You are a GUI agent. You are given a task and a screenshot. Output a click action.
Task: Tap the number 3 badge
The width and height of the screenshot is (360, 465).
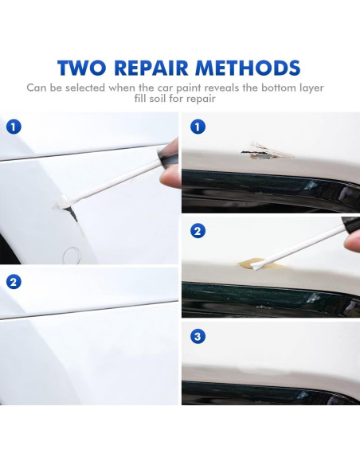point(198,337)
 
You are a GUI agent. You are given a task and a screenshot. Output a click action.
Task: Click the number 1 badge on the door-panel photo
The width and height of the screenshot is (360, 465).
point(14,127)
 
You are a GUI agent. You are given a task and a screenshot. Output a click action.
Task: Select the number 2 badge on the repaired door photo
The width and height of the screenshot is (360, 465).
point(14,281)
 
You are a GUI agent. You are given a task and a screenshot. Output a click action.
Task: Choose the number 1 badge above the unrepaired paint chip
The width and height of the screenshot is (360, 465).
point(198,127)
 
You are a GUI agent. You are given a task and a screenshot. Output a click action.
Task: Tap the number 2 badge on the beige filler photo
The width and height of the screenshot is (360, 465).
point(198,232)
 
